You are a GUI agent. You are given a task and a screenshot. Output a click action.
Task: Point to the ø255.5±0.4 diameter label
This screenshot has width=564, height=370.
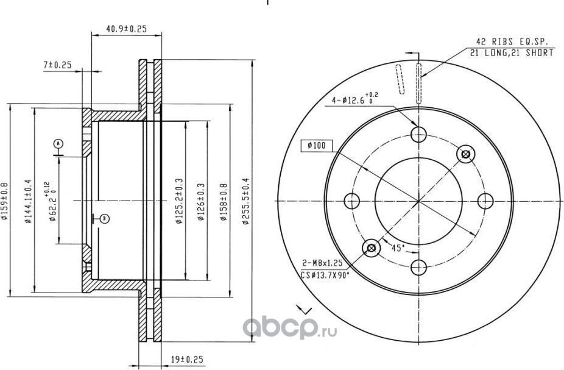[245, 202]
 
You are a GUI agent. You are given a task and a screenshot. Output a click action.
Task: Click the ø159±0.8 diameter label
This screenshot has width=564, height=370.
[5, 202]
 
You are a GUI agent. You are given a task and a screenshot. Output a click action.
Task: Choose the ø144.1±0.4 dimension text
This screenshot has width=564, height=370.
[28, 202]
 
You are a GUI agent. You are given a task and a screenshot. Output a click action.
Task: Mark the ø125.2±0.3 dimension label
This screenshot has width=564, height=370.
[179, 202]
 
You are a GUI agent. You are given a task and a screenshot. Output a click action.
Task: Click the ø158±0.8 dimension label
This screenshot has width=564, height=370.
[224, 202]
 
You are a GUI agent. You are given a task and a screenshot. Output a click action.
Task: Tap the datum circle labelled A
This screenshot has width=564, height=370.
[58, 143]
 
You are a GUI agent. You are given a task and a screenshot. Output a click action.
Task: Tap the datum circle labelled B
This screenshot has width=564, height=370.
[104, 218]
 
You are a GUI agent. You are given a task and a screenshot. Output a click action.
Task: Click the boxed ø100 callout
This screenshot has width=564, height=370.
[316, 145]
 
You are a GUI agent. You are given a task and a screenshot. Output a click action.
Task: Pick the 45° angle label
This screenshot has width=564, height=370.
[398, 247]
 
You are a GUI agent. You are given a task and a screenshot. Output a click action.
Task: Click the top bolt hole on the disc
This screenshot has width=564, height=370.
[418, 135]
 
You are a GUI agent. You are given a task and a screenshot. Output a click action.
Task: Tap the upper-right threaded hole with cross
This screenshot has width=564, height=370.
[466, 154]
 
